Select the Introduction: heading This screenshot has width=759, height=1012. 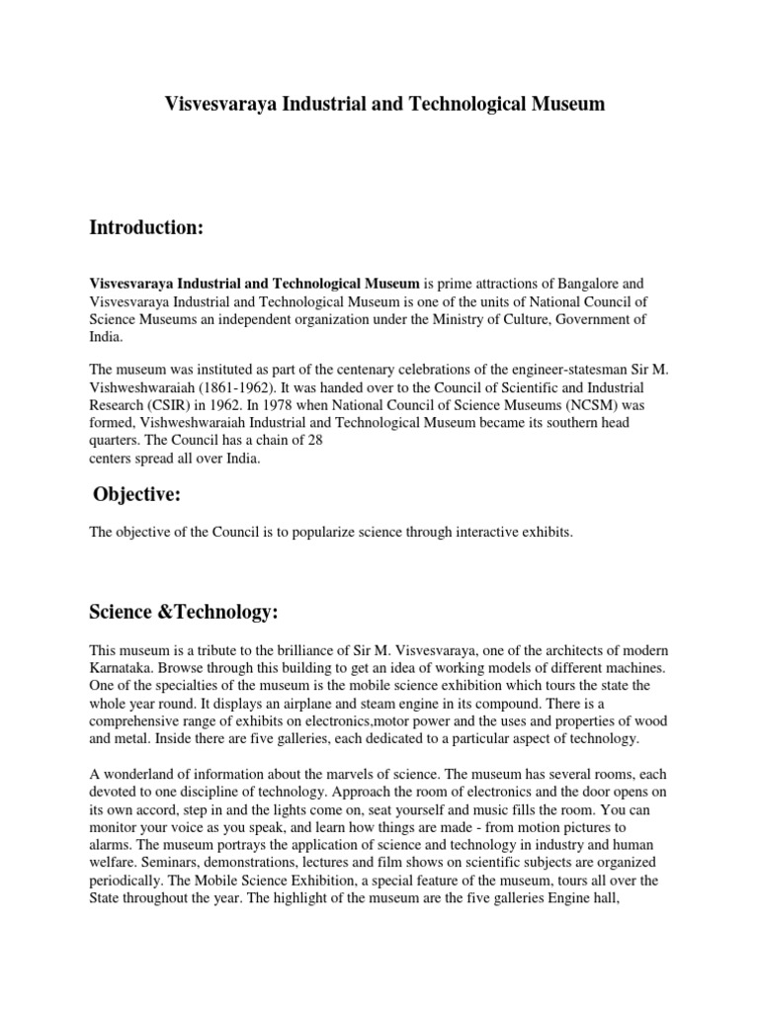146,228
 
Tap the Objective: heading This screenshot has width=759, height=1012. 137,494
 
